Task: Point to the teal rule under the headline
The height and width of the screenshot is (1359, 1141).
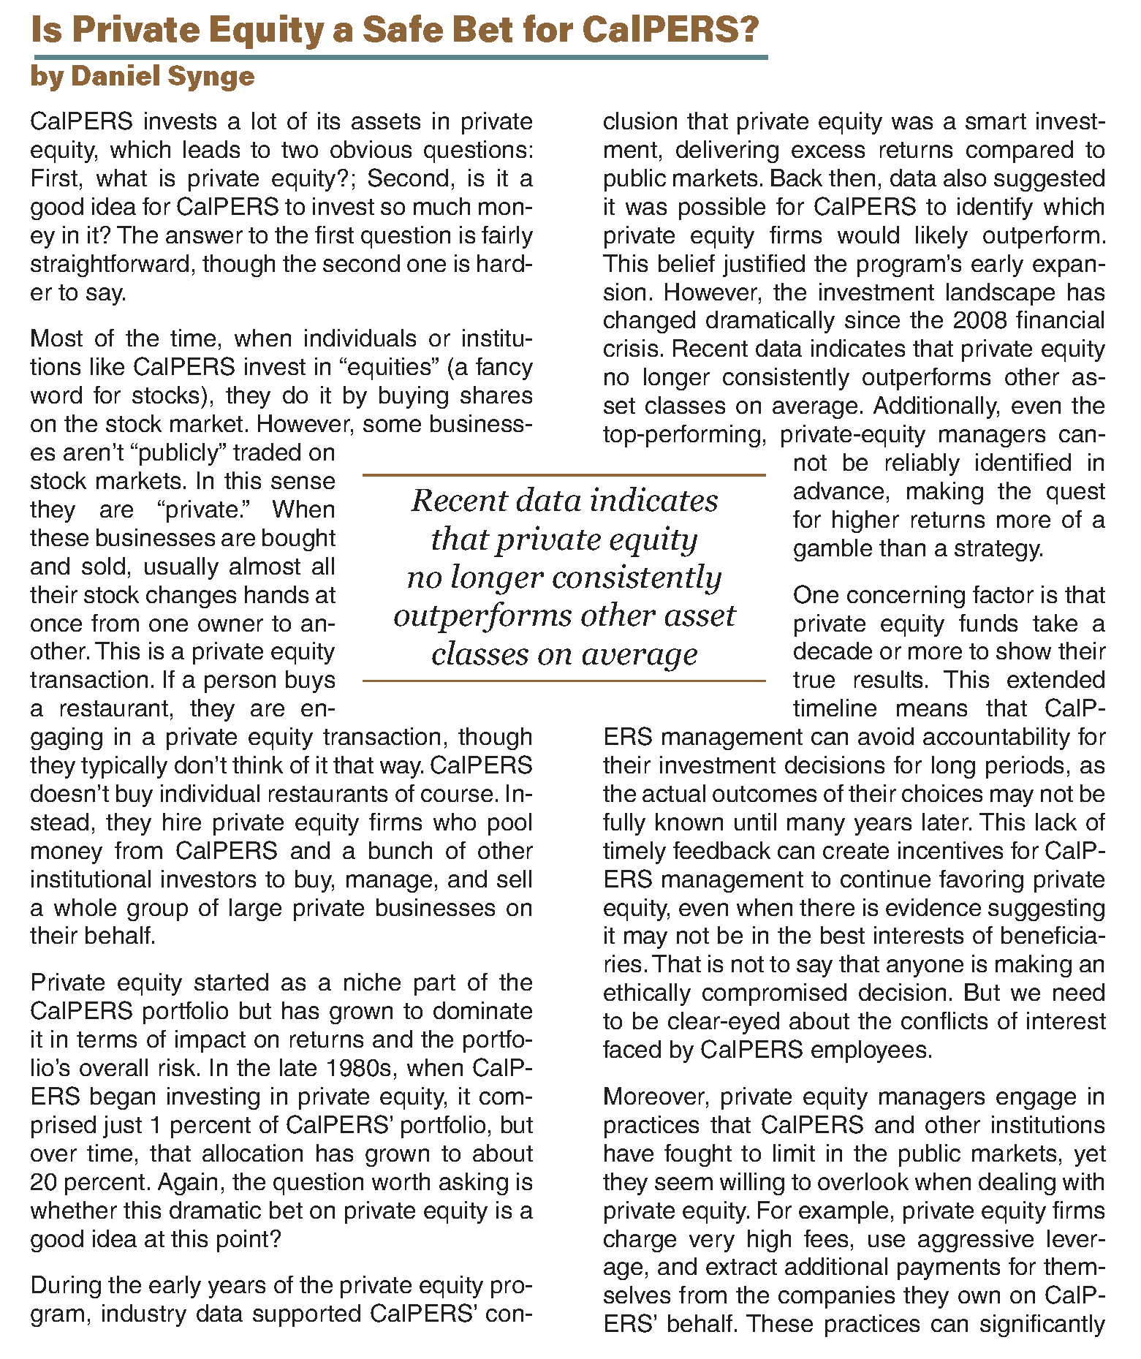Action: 400,57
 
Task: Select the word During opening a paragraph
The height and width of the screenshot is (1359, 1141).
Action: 64,1285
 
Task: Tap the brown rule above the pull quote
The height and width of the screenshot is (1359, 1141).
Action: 564,475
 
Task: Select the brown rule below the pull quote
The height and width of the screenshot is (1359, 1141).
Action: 564,681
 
